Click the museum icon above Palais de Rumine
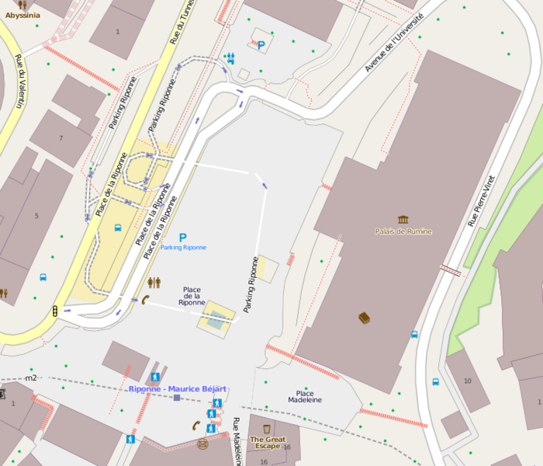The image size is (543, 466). pyautogui.click(x=403, y=221)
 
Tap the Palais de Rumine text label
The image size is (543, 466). pyautogui.click(x=403, y=231)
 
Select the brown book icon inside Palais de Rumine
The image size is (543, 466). pyautogui.click(x=364, y=317)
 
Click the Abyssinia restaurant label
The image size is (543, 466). pyautogui.click(x=22, y=14)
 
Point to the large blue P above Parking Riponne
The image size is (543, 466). pyautogui.click(x=183, y=238)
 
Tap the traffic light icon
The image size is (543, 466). pyautogui.click(x=55, y=311)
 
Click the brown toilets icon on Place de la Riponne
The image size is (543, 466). pyautogui.click(x=154, y=283)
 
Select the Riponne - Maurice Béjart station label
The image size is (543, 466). pyautogui.click(x=178, y=388)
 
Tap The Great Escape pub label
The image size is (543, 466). pyautogui.click(x=267, y=443)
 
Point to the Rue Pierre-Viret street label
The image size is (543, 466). pyautogui.click(x=481, y=200)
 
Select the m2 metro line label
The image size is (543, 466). pyautogui.click(x=31, y=378)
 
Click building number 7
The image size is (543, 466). pyautogui.click(x=61, y=138)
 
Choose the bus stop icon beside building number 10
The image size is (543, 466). pyautogui.click(x=436, y=382)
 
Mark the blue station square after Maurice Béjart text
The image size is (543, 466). pyautogui.click(x=177, y=398)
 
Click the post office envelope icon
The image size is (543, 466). pyautogui.click(x=203, y=444)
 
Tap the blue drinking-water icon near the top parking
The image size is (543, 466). pyautogui.click(x=230, y=57)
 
